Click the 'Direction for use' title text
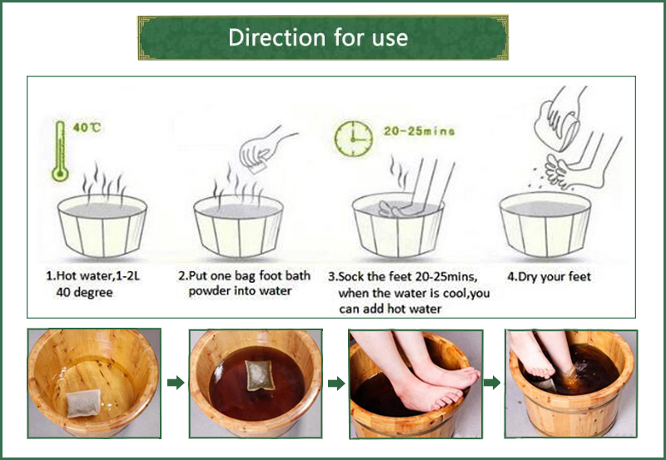pos(318,37)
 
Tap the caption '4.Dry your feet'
pos(548,275)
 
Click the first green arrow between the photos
pos(175,383)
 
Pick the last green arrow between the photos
pos(493,383)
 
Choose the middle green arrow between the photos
pos(335,383)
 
